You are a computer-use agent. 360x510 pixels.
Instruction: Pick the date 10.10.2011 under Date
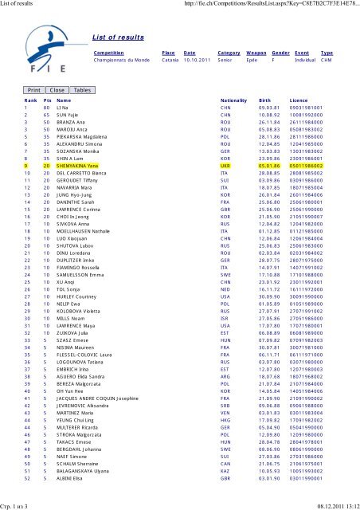[x=194, y=60]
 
